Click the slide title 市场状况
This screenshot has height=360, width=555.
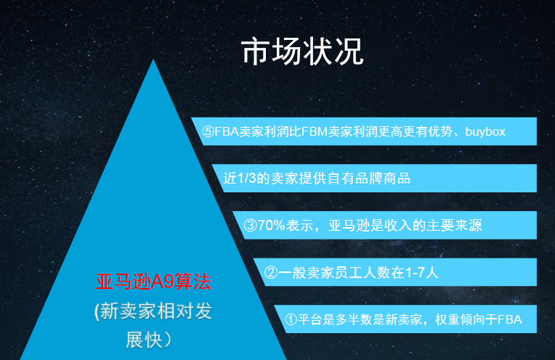pyautogui.click(x=303, y=52)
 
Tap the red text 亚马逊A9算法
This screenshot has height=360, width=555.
pyautogui.click(x=153, y=282)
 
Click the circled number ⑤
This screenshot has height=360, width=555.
pyautogui.click(x=208, y=131)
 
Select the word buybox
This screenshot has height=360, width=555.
pyautogui.click(x=485, y=132)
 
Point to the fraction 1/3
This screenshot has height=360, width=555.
pyautogui.click(x=246, y=179)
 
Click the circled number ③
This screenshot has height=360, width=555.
pyautogui.click(x=250, y=225)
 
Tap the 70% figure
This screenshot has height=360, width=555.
pyautogui.click(x=271, y=225)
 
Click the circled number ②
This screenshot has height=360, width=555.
pyautogui.click(x=271, y=272)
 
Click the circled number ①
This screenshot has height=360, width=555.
pyautogui.click(x=291, y=319)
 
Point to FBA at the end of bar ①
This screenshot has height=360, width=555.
pyautogui.click(x=510, y=319)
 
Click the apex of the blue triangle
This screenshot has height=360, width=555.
pyautogui.click(x=153, y=60)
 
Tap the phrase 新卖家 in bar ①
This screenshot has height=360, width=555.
pyautogui.click(x=403, y=319)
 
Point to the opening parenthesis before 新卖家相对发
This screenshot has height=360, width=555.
pyautogui.click(x=97, y=312)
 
